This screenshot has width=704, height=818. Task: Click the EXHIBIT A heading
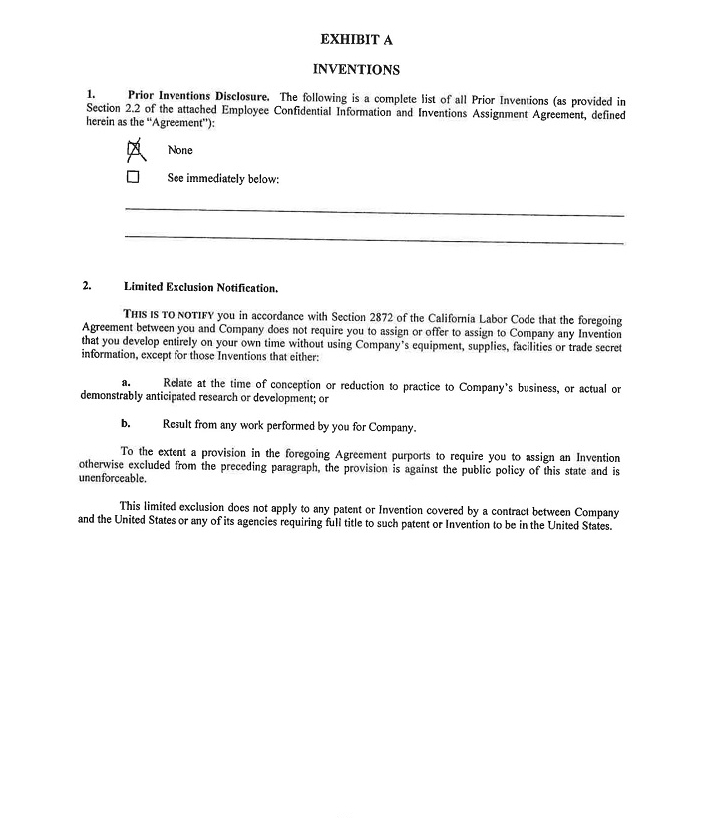(x=356, y=40)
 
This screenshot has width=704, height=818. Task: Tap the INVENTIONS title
(x=356, y=70)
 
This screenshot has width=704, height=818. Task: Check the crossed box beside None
(x=134, y=150)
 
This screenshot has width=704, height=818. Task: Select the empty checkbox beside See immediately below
(x=133, y=178)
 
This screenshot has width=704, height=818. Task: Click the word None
(x=180, y=150)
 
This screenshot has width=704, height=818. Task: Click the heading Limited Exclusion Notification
(x=200, y=287)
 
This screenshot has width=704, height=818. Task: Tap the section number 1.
(x=90, y=95)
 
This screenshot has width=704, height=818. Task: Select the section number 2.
(x=87, y=286)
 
